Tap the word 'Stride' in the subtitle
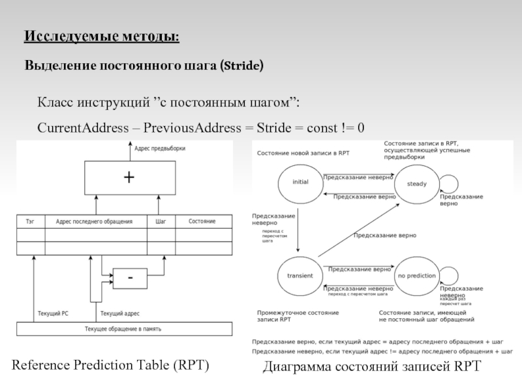(x=242, y=67)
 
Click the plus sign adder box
(x=129, y=178)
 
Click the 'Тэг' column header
(x=30, y=221)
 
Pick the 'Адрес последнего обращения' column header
(x=95, y=221)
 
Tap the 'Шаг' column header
(x=161, y=221)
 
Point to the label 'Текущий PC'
(x=53, y=314)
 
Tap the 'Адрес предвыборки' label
(x=160, y=148)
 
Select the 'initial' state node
(x=300, y=182)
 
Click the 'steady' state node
(x=416, y=184)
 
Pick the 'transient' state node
(x=300, y=276)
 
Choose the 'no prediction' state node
(x=416, y=276)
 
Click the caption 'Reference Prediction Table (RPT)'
(x=111, y=365)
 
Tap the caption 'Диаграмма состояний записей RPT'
(x=371, y=367)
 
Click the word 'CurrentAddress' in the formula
(x=82, y=127)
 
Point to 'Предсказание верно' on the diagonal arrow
(x=384, y=235)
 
